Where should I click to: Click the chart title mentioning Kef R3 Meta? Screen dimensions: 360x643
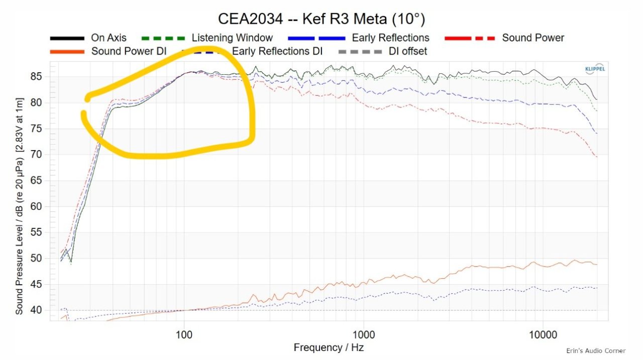click(321, 19)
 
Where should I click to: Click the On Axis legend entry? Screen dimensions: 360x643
click(109, 38)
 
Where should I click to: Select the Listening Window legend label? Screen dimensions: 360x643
click(232, 38)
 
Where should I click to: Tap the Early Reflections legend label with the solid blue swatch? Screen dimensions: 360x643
click(390, 38)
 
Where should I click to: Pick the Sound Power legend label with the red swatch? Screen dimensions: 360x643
click(533, 38)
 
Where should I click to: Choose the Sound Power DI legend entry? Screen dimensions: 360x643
click(129, 51)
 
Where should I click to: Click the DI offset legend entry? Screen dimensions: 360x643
click(408, 51)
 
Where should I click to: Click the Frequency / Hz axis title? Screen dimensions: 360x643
click(329, 347)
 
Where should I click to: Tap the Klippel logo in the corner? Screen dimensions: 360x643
click(595, 69)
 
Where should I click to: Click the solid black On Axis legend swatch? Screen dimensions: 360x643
click(67, 38)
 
